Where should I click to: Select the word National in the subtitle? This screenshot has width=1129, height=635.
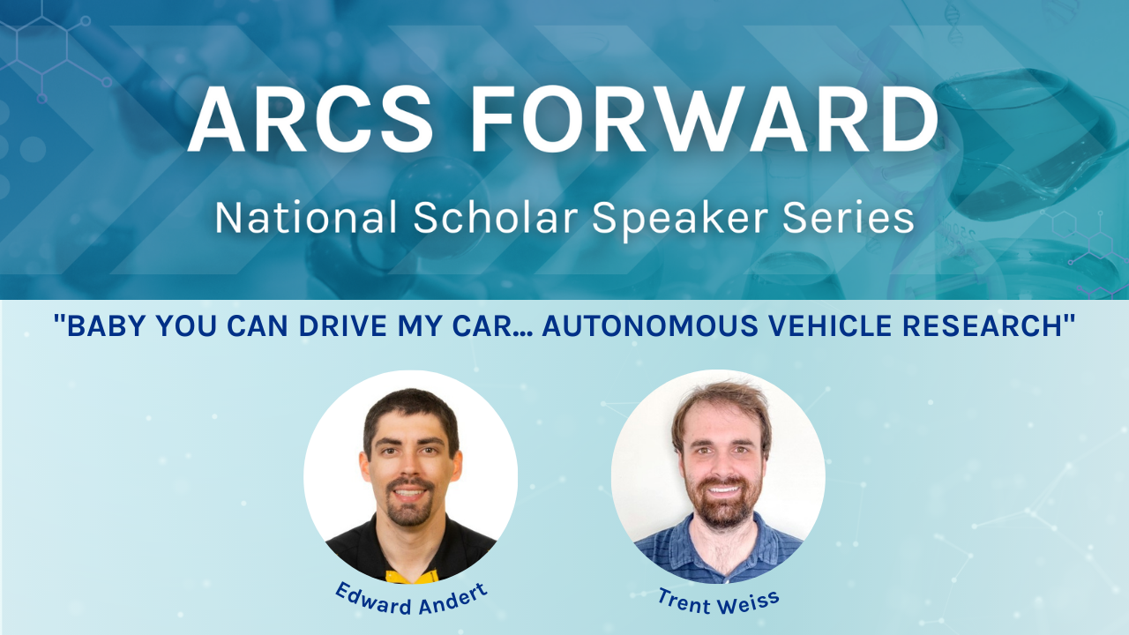(x=306, y=218)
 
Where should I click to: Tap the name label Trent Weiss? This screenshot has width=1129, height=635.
(x=718, y=600)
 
